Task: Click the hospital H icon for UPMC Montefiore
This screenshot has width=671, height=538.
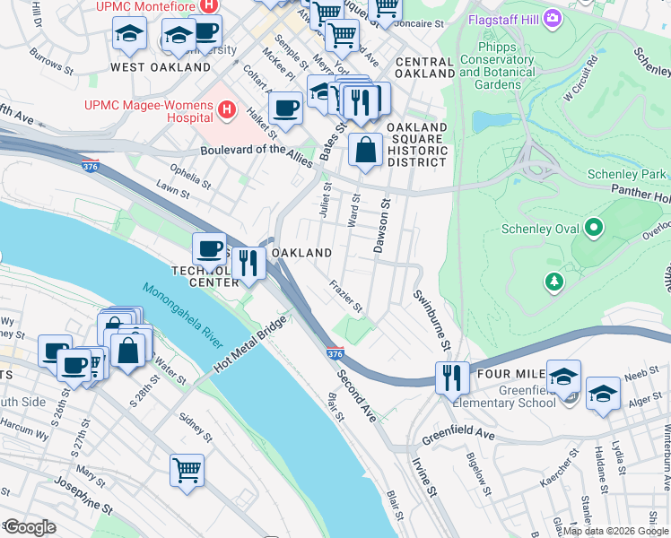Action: coord(209,5)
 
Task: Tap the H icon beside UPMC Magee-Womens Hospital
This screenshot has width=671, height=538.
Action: coord(227,110)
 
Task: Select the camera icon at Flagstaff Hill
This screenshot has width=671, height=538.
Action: coord(553,17)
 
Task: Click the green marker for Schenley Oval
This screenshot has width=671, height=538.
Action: coord(592,229)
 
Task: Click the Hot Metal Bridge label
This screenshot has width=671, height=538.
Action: coord(250,345)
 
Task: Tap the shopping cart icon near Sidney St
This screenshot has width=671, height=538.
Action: coord(187,469)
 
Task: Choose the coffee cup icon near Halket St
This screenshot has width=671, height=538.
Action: coord(285,108)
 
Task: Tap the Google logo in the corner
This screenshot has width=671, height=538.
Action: coord(30,526)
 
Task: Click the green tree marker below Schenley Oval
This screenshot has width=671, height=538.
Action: coord(554,282)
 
